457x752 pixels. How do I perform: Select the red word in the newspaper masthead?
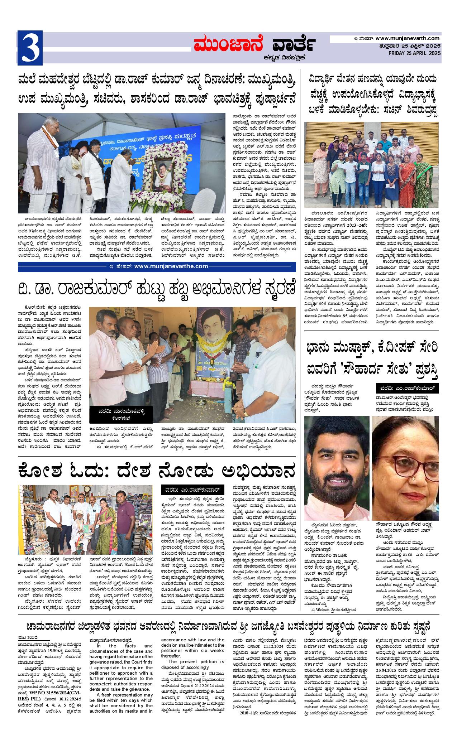(x=228, y=45)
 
